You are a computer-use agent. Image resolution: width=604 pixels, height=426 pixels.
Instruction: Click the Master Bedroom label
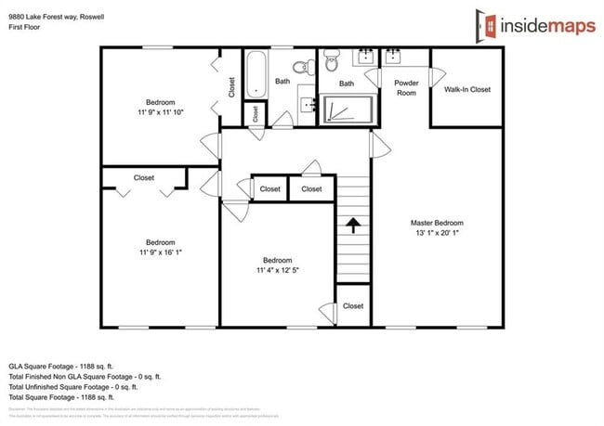click(x=437, y=223)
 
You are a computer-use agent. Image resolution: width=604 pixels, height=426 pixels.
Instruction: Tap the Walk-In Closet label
click(x=466, y=89)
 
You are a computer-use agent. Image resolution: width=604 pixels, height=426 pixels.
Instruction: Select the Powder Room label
click(x=407, y=88)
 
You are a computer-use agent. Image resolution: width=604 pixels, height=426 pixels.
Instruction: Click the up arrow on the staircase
click(x=353, y=225)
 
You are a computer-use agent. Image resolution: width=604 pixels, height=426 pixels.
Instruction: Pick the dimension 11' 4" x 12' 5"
click(x=277, y=270)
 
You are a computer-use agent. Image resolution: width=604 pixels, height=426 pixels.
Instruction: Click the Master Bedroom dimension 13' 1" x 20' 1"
click(x=437, y=233)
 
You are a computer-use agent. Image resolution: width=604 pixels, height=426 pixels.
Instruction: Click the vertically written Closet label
click(x=231, y=86)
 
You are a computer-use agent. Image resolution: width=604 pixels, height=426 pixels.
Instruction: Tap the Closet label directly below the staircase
click(x=353, y=305)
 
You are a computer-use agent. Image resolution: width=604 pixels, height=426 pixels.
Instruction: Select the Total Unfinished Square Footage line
click(x=85, y=387)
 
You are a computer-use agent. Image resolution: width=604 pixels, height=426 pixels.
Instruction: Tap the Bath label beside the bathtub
click(x=282, y=82)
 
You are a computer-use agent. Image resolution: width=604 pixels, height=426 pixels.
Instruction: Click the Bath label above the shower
click(x=347, y=84)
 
